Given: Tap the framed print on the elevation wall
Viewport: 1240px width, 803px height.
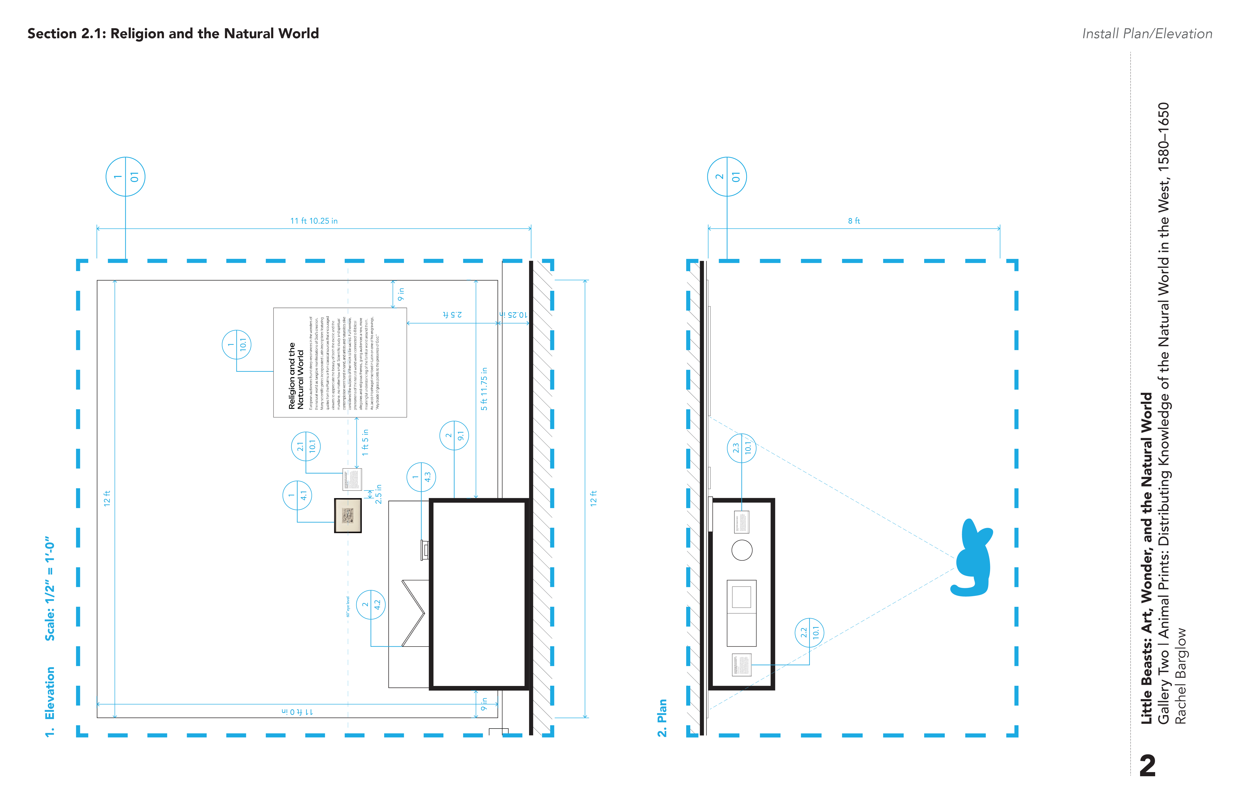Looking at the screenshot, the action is [x=347, y=515].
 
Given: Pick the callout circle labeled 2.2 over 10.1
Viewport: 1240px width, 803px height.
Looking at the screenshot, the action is [x=809, y=632].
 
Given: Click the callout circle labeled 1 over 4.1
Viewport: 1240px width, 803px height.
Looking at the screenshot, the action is [x=297, y=495].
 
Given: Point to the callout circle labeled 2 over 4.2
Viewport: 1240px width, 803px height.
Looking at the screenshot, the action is [x=371, y=604].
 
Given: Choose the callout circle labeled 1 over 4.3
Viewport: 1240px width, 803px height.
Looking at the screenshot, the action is [x=421, y=477].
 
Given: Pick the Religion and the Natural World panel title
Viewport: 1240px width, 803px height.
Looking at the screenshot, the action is [x=296, y=375].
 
